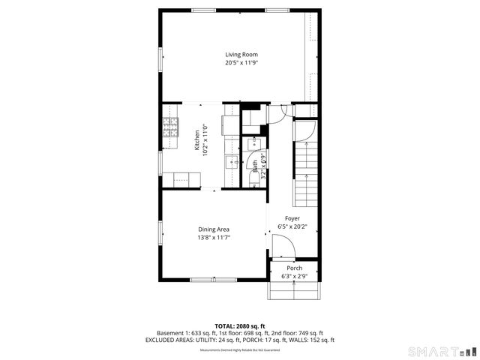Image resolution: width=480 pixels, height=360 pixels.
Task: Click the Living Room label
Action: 241,54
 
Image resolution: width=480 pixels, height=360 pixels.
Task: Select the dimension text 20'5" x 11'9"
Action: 241,63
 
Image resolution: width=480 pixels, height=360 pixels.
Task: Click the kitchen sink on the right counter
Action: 229,161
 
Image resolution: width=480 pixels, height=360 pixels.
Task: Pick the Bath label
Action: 255,166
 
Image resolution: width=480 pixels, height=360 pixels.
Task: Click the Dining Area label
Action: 214,229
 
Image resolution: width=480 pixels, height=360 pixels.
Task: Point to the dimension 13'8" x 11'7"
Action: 214,238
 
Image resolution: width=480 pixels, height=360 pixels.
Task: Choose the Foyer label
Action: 292,218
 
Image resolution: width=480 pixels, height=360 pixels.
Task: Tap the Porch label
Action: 295,268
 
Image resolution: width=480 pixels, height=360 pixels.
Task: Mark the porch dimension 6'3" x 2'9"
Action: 295,276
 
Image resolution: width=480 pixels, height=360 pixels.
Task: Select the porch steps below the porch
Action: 295,291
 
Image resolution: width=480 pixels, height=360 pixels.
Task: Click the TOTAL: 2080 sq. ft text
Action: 240,325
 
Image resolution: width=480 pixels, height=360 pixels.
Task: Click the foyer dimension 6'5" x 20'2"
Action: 292,226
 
